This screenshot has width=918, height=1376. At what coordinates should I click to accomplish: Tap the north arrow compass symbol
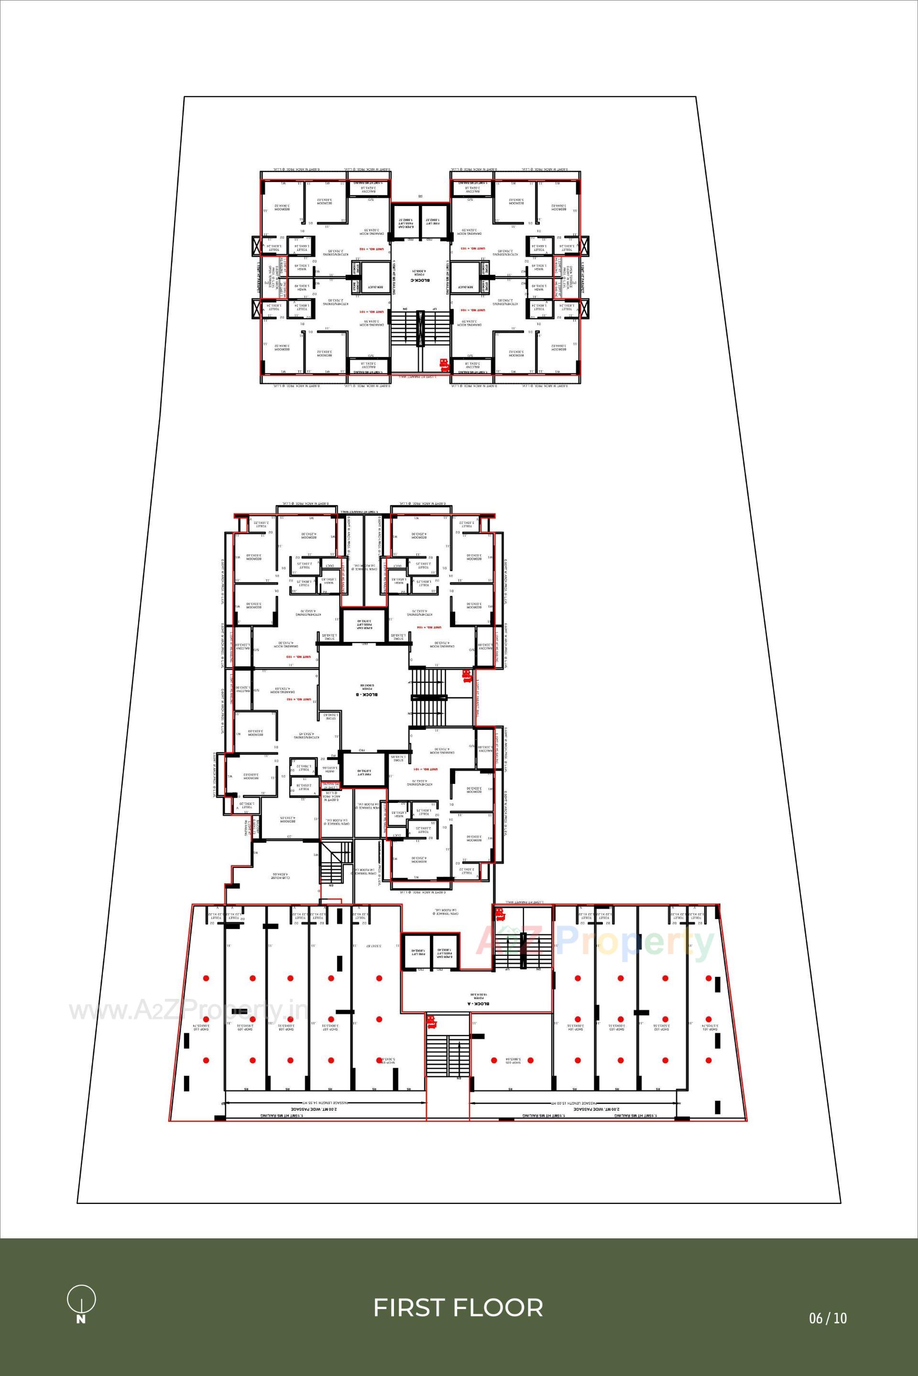pos(81,1303)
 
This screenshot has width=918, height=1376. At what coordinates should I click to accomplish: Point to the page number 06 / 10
pos(828,1318)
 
